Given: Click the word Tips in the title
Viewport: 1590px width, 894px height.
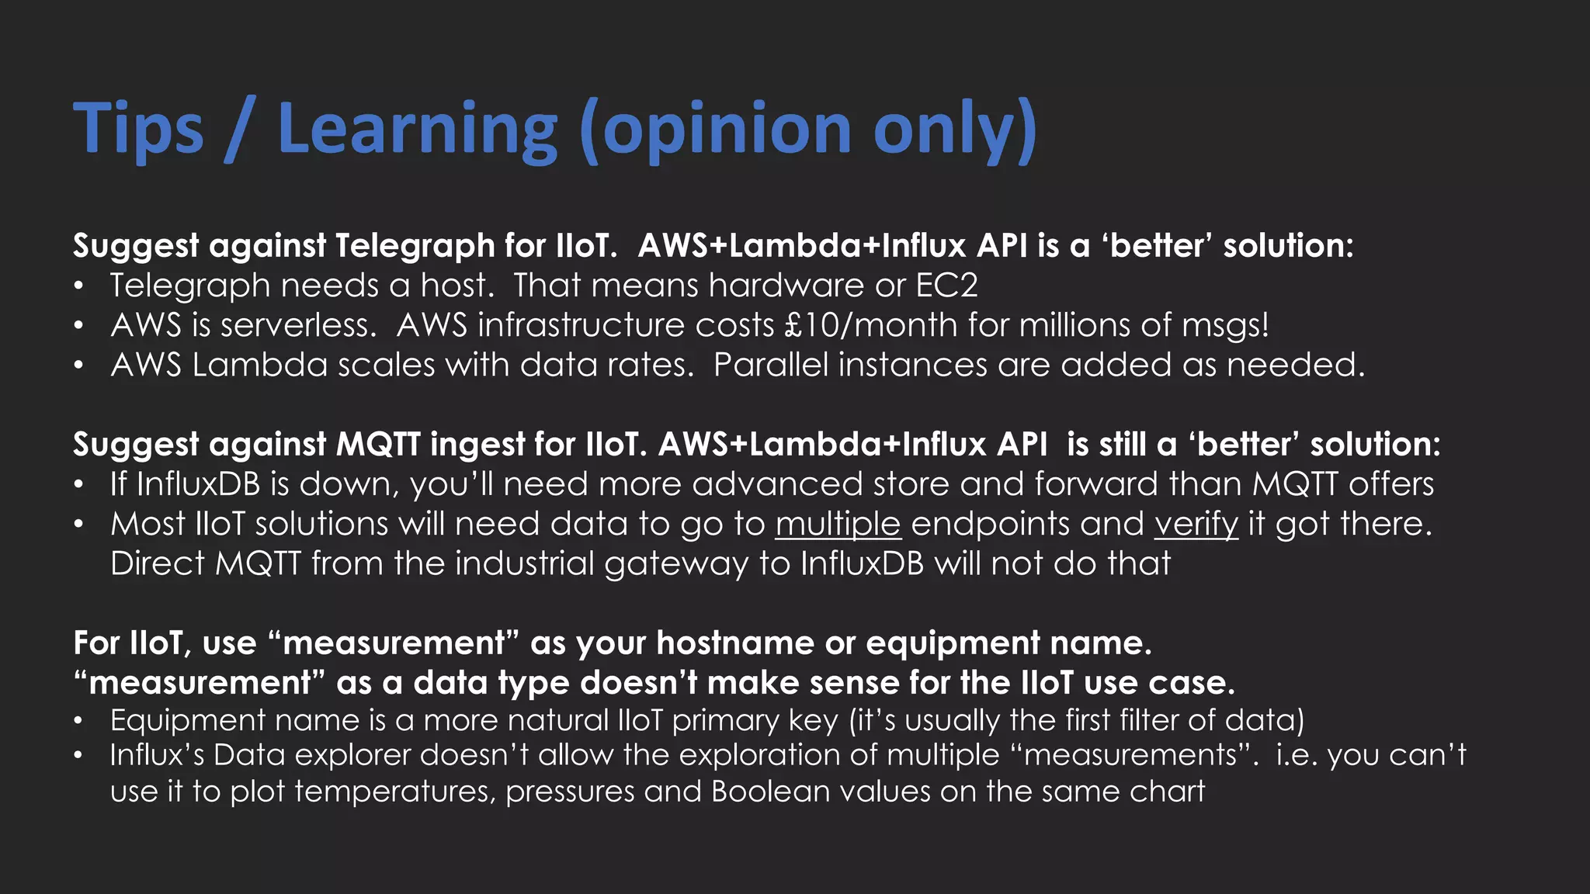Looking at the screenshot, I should coord(138,129).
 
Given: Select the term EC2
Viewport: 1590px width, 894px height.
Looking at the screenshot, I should coord(946,286).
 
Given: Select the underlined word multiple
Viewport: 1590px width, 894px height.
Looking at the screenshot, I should coord(838,524).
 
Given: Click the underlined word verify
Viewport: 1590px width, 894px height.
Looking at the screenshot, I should coord(1196,524).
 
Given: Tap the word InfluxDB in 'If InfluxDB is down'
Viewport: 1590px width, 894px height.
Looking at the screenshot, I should coord(198,484).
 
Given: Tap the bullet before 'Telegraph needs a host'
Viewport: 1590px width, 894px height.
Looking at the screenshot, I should coord(78,287).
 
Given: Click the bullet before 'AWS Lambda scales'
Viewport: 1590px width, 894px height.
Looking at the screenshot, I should coord(78,366).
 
